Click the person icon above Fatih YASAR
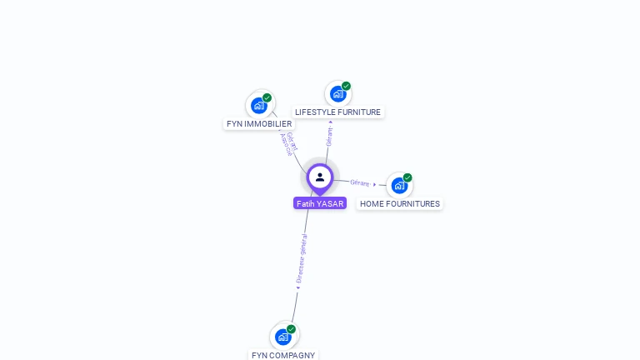click(x=320, y=177)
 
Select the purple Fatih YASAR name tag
click(x=320, y=203)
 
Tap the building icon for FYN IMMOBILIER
click(x=259, y=106)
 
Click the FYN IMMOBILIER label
click(x=259, y=124)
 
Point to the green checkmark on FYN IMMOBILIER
click(x=267, y=97)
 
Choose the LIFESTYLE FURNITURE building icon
click(x=337, y=93)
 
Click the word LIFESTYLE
click(x=315, y=112)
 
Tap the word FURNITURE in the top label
click(x=358, y=112)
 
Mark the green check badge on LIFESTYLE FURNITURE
click(x=346, y=86)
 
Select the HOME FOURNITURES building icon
click(x=398, y=185)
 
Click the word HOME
click(x=372, y=204)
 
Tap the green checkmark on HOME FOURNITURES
click(x=407, y=177)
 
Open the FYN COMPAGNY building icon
click(x=283, y=337)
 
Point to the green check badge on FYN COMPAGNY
click(x=292, y=328)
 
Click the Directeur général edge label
click(x=302, y=260)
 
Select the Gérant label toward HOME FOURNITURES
click(x=360, y=182)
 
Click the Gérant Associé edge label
click(x=288, y=143)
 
